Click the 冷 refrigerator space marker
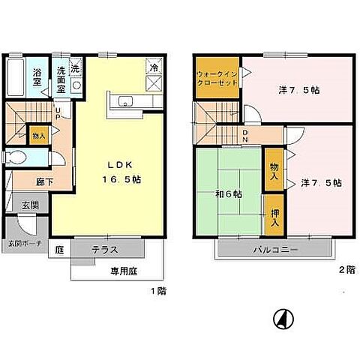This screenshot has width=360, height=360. (x=154, y=68)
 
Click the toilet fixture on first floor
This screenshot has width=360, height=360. (x=17, y=158)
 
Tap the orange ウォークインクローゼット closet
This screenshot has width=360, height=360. (x=217, y=78)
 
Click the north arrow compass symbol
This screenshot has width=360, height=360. (x=282, y=319)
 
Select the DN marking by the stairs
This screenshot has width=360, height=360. (x=247, y=136)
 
